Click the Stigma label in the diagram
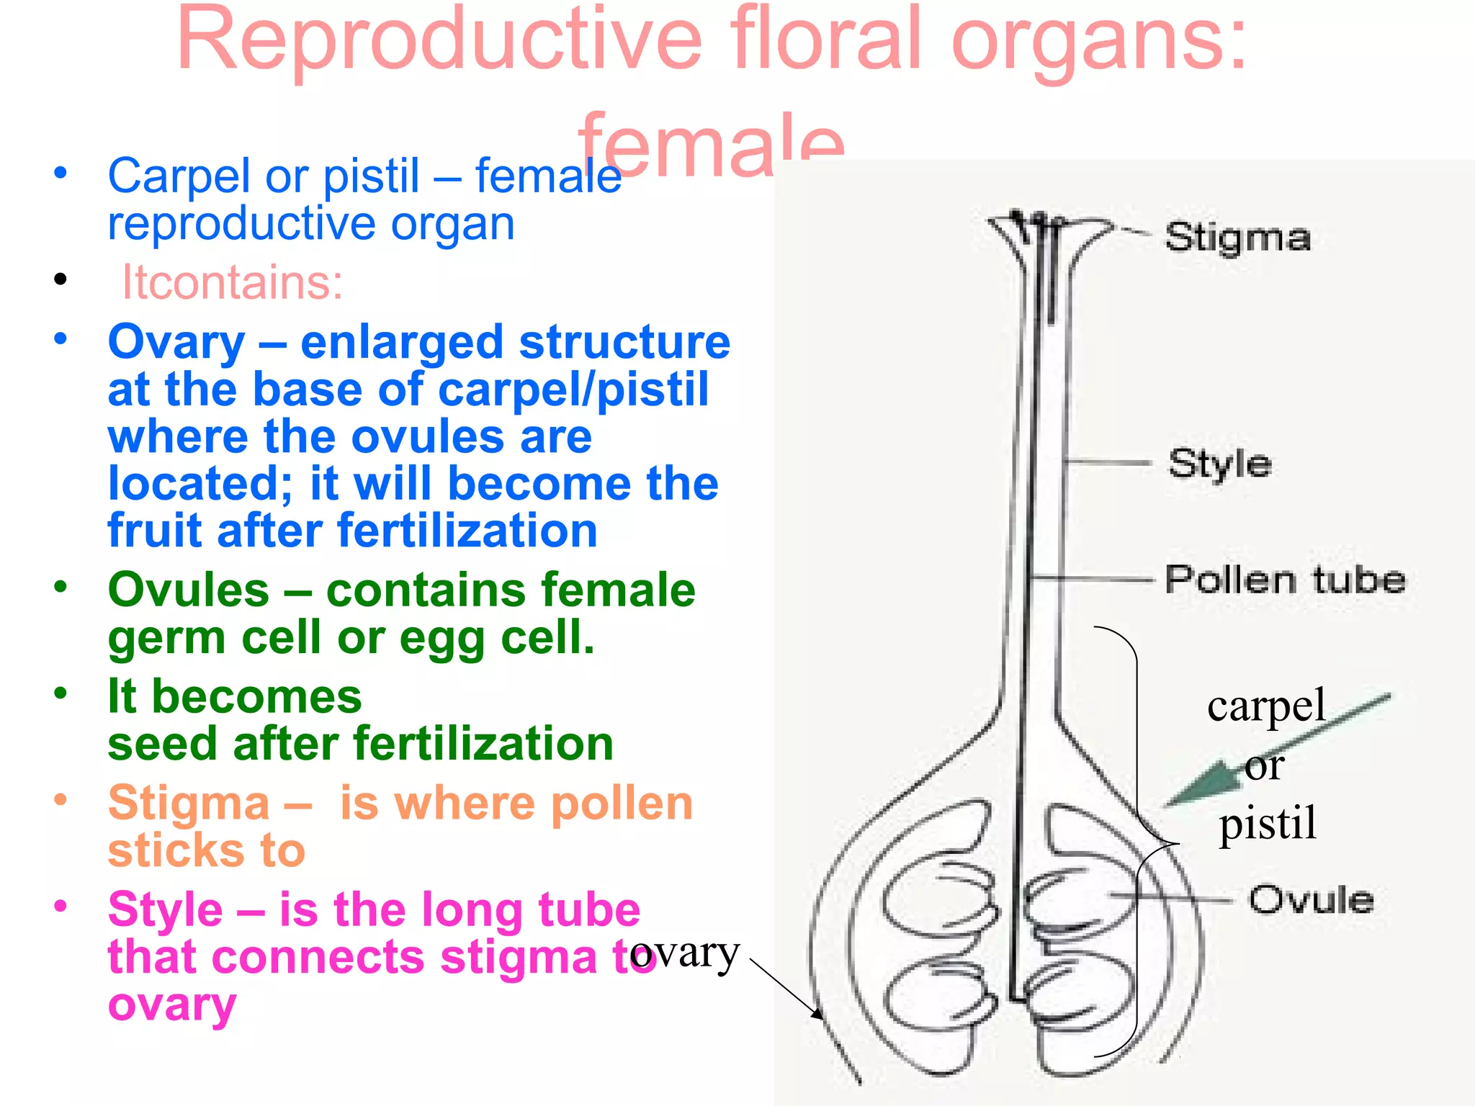click(x=1237, y=238)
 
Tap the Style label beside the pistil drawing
click(x=1220, y=464)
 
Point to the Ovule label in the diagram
click(x=1311, y=900)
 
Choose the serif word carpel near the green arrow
click(x=1266, y=706)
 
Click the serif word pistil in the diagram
click(x=1268, y=822)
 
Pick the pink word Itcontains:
click(x=232, y=282)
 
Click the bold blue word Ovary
click(x=176, y=342)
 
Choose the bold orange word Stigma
click(x=189, y=803)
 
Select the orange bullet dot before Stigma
click(x=60, y=799)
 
